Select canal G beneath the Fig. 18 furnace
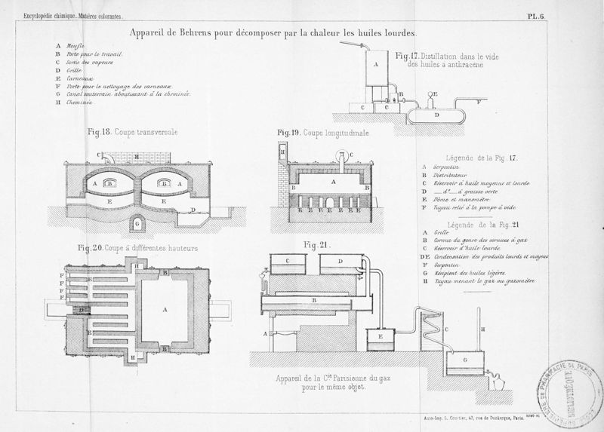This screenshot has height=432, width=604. click(x=137, y=222)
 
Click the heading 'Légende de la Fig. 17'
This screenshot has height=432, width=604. click(x=480, y=157)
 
